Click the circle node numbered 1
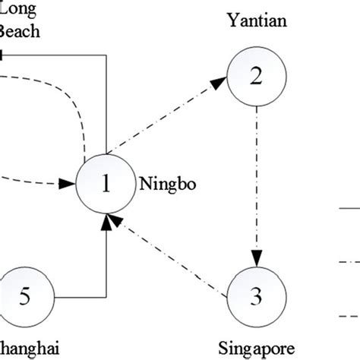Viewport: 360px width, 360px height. [x=106, y=183]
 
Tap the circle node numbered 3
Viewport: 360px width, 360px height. [x=256, y=293]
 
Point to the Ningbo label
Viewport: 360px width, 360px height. [x=164, y=183]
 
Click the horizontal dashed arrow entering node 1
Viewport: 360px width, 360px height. [x=38, y=181]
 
